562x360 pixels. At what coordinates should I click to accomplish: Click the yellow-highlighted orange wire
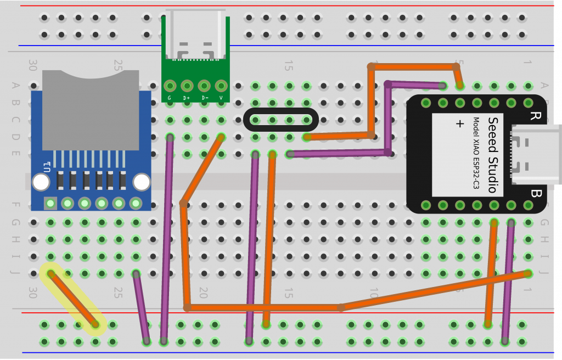tap(73, 299)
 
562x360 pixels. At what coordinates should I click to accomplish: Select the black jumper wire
tap(280, 120)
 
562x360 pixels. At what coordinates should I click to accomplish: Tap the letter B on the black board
tap(536, 193)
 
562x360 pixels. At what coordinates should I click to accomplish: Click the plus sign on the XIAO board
tap(460, 124)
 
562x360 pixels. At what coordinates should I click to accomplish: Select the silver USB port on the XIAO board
tap(535, 154)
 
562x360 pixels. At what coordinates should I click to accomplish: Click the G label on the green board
tap(169, 98)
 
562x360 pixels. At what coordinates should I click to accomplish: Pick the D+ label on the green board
tap(187, 98)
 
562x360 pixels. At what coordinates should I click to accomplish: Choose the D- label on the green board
tap(204, 98)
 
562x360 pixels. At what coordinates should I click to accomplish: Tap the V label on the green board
tap(221, 98)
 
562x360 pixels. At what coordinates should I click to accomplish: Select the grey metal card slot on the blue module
tap(91, 110)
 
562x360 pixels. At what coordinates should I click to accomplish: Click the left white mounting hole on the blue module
tap(41, 182)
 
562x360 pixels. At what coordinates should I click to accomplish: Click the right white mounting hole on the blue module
tap(142, 182)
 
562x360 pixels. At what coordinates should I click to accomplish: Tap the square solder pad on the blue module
tap(50, 204)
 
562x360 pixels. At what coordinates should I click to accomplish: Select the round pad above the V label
tap(221, 86)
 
